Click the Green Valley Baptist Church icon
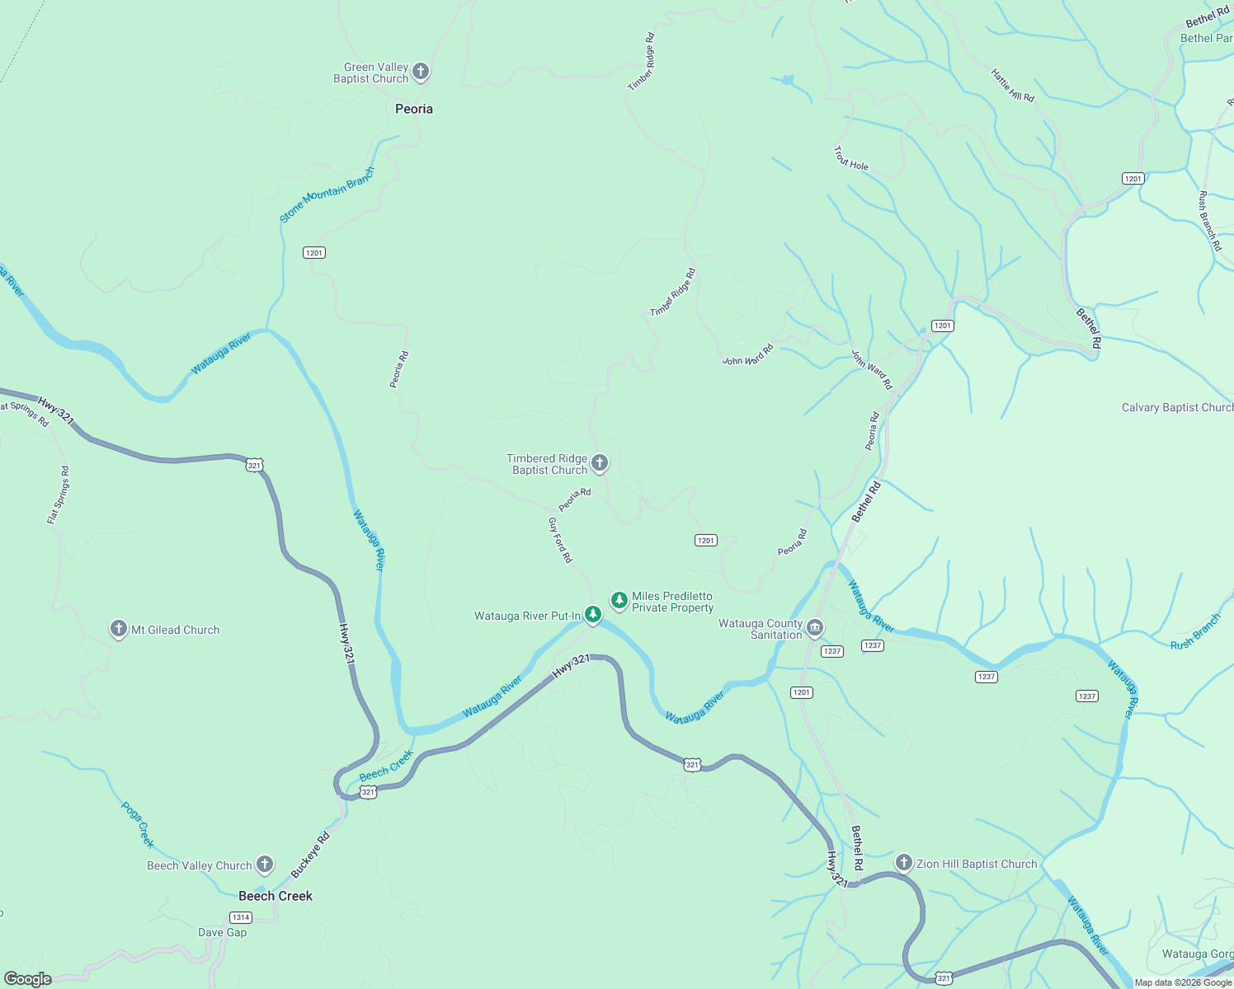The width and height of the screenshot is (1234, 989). pos(420,72)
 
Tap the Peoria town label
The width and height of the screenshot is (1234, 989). pos(413,109)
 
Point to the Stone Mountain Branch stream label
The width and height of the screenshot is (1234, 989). pos(327,195)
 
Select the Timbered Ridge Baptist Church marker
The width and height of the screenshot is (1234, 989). pos(600,463)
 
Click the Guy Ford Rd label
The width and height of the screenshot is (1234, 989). pos(560,540)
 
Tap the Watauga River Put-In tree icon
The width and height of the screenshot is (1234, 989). pos(592,614)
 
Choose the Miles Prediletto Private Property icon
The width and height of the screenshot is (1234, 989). pos(619,601)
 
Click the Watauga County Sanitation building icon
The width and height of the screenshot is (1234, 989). pos(815,629)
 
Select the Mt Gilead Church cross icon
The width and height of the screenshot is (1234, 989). pos(119,629)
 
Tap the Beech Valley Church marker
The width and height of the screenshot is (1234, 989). pos(264,865)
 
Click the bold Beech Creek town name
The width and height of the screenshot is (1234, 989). pos(276,896)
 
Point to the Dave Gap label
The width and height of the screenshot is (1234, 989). pos(222,932)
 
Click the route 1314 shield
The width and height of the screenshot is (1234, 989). pos(240,917)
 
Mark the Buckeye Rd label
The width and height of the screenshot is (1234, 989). pos(310,855)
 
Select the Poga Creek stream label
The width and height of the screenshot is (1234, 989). pos(138,824)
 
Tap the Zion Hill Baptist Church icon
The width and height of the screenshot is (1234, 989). pos(903,863)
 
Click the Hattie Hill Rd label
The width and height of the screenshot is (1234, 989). pos(1012,86)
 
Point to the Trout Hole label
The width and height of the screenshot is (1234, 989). pos(850,159)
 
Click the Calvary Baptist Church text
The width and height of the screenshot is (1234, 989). pos(1176,407)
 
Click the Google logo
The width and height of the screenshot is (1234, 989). pos(27,979)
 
